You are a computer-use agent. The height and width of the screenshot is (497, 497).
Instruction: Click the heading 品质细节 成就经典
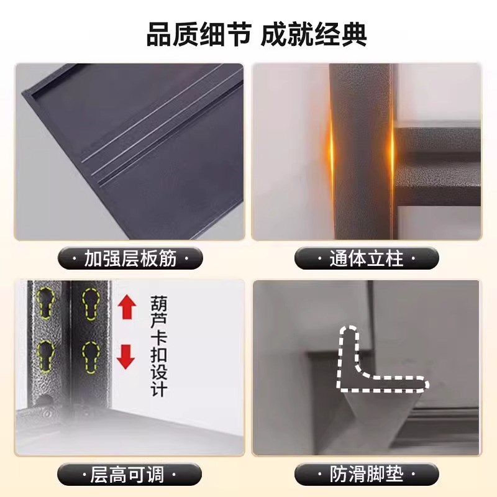257,34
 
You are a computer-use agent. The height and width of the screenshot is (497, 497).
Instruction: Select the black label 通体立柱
367,258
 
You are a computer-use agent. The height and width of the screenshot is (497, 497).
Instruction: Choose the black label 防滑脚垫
367,475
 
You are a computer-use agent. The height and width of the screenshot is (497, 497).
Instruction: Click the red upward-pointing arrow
127,307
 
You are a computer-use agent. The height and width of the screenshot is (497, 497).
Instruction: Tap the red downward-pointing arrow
127,356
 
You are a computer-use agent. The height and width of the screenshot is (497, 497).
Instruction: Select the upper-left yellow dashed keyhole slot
45,303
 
